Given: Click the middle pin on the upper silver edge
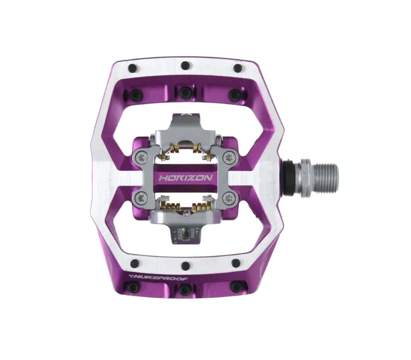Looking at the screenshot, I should pos(184,66).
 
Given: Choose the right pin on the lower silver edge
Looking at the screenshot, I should pos(236,263).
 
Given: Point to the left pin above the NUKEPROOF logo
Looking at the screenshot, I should pos(135,264).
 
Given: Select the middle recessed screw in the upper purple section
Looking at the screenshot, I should pos(184,92).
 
